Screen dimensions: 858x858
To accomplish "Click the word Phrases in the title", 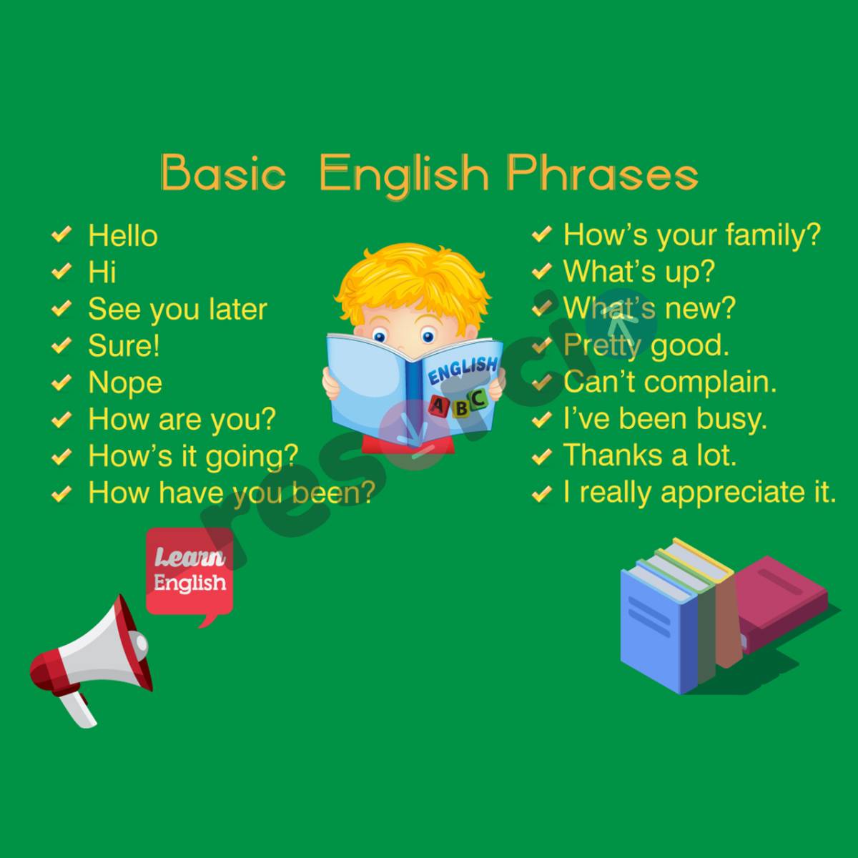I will click(602, 174).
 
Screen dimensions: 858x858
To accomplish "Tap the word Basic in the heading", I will click(223, 174).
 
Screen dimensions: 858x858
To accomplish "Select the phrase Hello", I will click(122, 236).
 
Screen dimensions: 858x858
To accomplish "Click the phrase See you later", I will click(177, 310).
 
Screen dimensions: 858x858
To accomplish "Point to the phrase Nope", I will click(125, 383).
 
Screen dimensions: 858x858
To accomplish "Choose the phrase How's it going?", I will click(193, 456).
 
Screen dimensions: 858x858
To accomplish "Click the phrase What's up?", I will click(638, 271).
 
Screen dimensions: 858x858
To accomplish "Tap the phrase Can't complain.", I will click(669, 381).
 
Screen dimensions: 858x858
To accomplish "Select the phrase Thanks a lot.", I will click(649, 455).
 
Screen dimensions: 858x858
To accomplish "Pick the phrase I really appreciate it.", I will click(699, 492).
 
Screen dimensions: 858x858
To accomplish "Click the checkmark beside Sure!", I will click(62, 345).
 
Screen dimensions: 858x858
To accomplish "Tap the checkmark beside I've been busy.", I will click(542, 418).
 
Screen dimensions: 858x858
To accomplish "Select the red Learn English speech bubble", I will click(189, 572).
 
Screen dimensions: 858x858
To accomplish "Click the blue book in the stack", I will click(658, 629).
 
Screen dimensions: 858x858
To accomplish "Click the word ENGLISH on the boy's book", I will click(462, 370).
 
